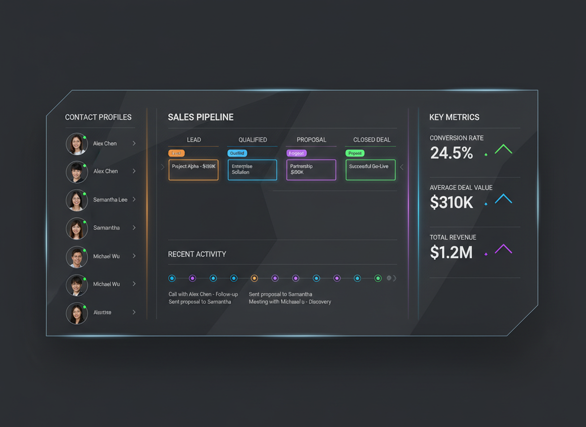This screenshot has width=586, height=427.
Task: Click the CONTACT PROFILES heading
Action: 98,117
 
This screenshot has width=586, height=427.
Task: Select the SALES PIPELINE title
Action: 200,117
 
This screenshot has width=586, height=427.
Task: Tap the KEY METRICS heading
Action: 454,117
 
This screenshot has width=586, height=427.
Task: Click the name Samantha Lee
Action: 110,200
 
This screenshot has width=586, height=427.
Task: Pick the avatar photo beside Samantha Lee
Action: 77,200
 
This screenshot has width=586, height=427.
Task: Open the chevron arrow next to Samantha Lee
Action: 134,200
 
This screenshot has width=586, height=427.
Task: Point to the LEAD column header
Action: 194,140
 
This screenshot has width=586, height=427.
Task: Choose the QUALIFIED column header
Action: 252,140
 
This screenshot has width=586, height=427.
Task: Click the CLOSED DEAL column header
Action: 372,140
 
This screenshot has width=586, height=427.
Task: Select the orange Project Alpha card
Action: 194,170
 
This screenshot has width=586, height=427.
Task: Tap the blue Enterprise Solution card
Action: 252,170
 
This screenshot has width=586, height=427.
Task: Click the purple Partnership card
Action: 311,170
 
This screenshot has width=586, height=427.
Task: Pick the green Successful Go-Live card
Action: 370,170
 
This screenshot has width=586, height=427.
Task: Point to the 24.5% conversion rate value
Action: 451,153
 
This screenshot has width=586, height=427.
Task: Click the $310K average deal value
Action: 451,203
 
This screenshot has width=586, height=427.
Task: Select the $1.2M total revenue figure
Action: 451,253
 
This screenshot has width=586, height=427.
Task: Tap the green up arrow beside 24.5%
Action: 503,149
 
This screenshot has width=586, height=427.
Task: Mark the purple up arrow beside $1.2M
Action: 503,249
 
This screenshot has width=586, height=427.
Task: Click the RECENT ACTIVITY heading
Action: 197,254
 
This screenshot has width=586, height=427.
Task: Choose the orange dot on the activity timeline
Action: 254,278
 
